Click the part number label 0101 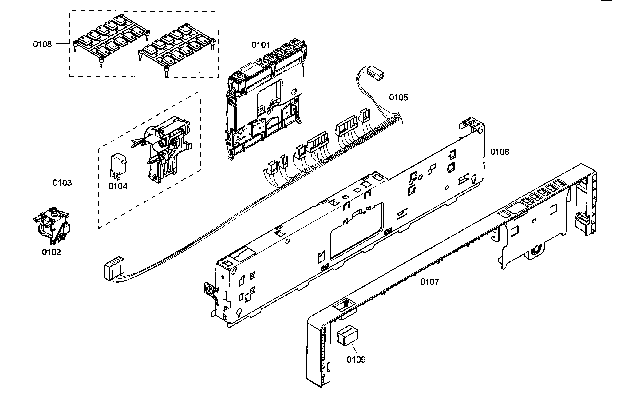tap(261, 45)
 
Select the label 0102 tap(51, 252)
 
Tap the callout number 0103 tap(62, 183)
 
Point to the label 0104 tap(118, 186)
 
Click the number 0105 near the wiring tap(399, 98)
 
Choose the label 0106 tap(500, 152)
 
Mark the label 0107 tap(430, 281)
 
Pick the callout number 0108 tap(42, 44)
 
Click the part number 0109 tap(356, 359)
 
